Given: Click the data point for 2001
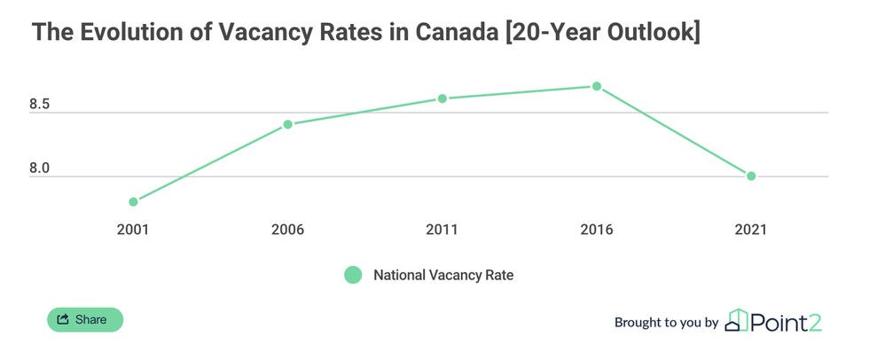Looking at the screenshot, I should [x=133, y=202].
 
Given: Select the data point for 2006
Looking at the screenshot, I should [x=287, y=124].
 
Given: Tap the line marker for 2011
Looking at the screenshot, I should [x=442, y=98].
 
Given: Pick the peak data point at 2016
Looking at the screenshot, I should [x=597, y=86].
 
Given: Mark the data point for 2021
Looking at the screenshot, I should [x=751, y=176].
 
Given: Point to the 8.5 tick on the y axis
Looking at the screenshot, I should [x=40, y=106].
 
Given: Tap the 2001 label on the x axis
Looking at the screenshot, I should [x=133, y=230].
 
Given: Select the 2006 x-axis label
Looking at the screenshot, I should [x=287, y=230].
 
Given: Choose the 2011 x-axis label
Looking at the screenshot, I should [x=442, y=230].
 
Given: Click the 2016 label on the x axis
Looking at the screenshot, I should [x=597, y=230].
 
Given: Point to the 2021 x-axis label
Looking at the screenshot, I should [x=751, y=230].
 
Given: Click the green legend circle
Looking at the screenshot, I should [x=353, y=275].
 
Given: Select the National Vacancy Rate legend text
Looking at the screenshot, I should [x=443, y=275].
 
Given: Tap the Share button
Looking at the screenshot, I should [x=85, y=319].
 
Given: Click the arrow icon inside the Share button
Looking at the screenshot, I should [x=63, y=319].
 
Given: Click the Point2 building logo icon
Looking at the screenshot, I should [x=737, y=320].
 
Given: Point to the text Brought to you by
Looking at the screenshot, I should [x=666, y=323].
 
